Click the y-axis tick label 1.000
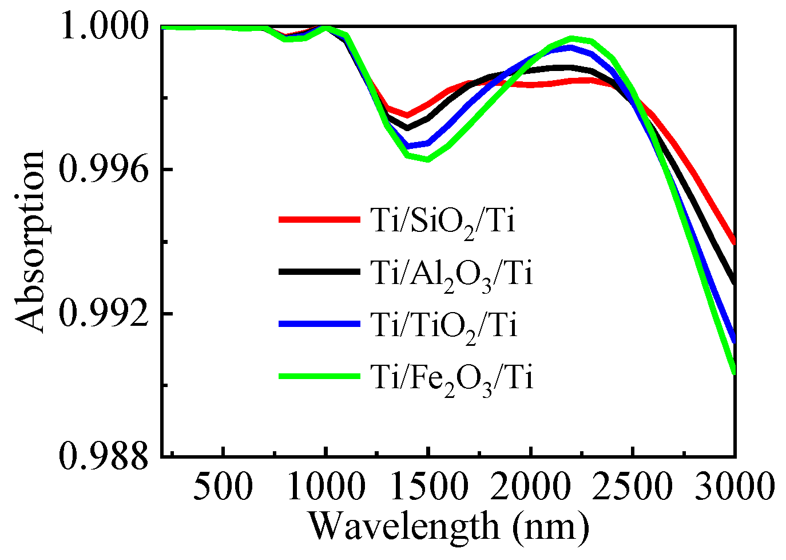(103, 26)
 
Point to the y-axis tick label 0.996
(103, 169)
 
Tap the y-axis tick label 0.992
(103, 313)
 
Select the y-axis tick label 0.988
(103, 456)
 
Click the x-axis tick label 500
(223, 488)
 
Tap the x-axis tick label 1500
(428, 488)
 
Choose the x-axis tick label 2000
(530, 488)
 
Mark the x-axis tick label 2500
(633, 488)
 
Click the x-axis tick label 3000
(735, 488)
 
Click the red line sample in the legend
(319, 219)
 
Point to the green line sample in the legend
(319, 376)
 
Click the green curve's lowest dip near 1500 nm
(427, 159)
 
